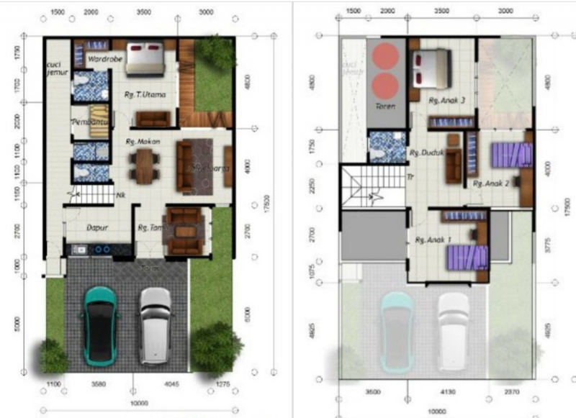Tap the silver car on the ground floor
[155, 324]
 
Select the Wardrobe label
[105, 58]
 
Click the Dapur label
[97, 227]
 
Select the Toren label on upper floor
[385, 106]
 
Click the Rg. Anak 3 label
[446, 100]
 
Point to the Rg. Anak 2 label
[491, 183]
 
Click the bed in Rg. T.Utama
[145, 58]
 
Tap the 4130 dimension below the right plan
[448, 392]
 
